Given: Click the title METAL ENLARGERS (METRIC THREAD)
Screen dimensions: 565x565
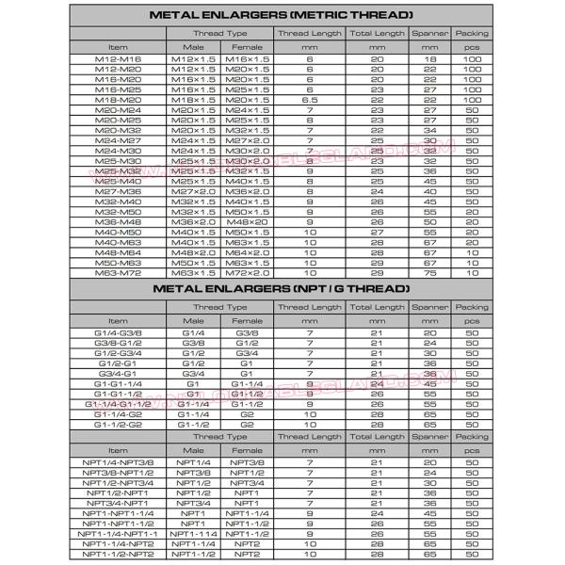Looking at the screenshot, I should pos(282,16).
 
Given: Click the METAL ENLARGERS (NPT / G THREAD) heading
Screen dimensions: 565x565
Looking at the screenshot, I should pos(282,288).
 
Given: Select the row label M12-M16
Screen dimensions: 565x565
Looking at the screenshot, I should pos(118,59).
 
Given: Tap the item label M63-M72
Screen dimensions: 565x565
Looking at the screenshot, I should pos(118,273).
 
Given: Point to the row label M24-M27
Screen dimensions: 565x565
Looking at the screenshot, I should pos(118,140).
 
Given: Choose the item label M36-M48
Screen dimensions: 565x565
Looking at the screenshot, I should pos(118,222).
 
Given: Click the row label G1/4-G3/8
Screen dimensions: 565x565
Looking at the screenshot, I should pos(118,332).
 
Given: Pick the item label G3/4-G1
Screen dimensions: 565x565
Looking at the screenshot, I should pos(118,373).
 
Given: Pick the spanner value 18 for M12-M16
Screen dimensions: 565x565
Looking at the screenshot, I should pos(430,59).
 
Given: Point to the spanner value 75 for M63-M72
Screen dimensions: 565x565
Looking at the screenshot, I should pos(430,273).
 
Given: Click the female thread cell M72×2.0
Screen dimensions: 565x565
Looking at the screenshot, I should pos(248,273).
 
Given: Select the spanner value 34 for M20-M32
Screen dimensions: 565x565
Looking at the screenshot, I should pos(430,130).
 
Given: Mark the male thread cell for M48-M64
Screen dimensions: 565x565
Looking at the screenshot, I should pos(194,252).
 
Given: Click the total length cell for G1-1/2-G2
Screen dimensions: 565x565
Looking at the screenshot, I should pos(377,424).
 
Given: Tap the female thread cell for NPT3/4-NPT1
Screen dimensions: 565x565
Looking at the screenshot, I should pos(247,503).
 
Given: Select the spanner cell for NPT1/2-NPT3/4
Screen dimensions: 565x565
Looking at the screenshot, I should pos(430,483).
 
